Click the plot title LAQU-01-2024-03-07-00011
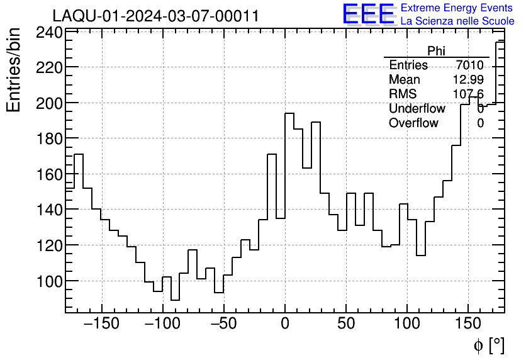point(155,16)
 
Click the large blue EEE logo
point(368,14)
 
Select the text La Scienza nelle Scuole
point(457,21)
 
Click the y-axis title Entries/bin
point(14,69)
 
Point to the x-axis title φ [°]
point(488,345)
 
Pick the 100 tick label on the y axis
point(47,281)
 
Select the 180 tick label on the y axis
point(47,138)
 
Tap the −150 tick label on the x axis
point(101,324)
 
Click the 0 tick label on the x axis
point(285,324)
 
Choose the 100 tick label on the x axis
point(407,324)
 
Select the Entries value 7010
point(470,65)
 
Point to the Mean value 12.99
point(468,80)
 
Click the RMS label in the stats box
point(403,94)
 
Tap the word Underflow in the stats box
point(417,109)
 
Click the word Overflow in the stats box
point(413,123)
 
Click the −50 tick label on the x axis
point(224,324)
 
